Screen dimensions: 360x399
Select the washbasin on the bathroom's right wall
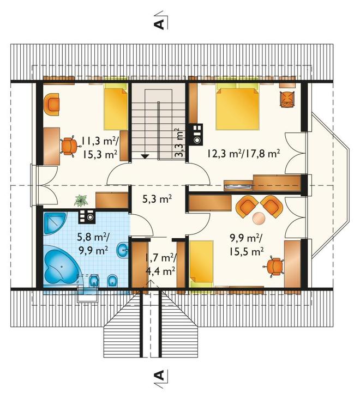[123, 250]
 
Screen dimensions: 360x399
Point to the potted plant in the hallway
[81, 200]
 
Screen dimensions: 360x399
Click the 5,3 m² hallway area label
[157, 199]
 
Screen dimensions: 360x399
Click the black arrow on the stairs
[145, 156]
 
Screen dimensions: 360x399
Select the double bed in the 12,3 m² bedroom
[237, 108]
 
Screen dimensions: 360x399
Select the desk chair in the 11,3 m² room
[69, 146]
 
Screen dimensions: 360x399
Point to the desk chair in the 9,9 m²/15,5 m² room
[274, 267]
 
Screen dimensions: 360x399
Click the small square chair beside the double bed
[287, 99]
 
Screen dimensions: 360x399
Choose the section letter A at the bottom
[159, 374]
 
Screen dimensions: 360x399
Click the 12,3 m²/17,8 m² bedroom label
[243, 153]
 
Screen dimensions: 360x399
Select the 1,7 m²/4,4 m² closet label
[160, 265]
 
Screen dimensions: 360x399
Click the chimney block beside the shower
[87, 216]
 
